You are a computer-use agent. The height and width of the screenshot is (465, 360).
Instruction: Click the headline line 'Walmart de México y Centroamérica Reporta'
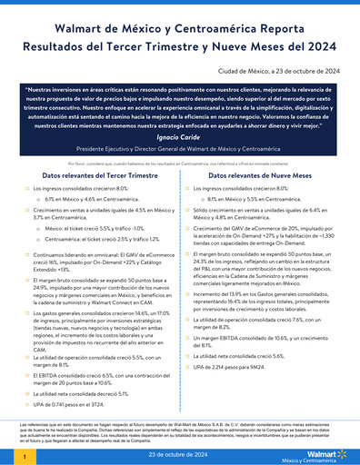(x=180, y=29)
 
